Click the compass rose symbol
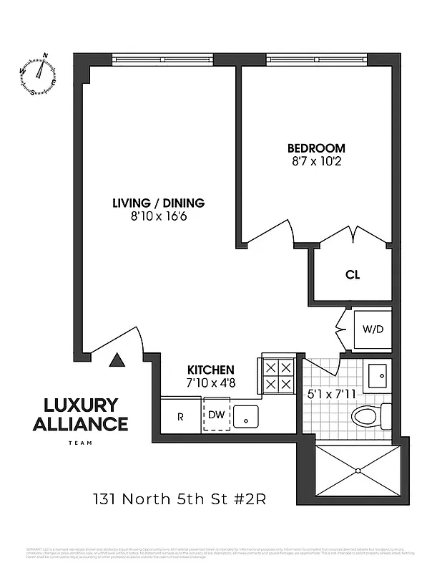coord(40,73)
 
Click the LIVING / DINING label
coord(158,202)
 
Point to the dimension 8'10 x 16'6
coord(158,216)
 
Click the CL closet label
coord(352,274)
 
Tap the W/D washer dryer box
coord(372,329)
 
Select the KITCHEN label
coord(211,370)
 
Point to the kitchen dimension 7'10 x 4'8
coord(211,382)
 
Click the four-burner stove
coord(278,375)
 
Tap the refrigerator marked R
coord(180,416)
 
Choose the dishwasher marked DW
coord(216,415)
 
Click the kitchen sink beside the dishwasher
coord(246,415)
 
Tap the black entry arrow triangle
coord(117,360)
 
